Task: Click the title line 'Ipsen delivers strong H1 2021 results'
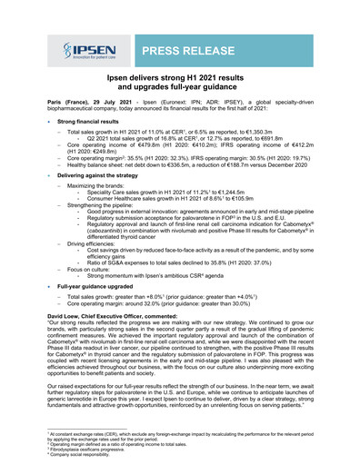179,80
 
